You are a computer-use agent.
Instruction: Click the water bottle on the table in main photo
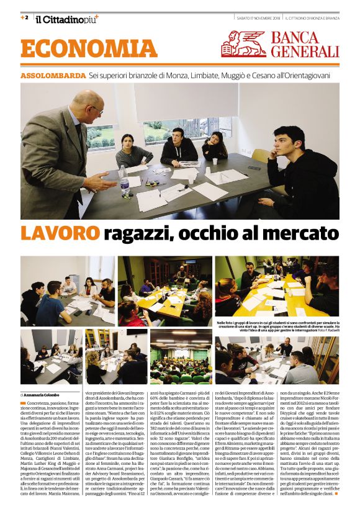pyautogui.click(x=124, y=180)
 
